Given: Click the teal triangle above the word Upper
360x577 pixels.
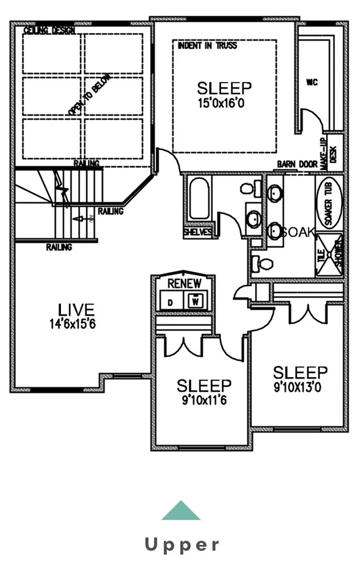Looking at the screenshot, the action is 181,512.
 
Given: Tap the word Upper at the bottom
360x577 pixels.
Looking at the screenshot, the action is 182,544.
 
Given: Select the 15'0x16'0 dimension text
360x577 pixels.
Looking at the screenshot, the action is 221,103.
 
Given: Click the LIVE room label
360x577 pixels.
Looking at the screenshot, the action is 76,310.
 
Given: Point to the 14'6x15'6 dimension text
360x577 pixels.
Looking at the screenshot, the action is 72,324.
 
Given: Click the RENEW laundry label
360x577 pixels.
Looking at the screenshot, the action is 184,284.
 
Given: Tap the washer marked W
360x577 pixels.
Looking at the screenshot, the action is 195,300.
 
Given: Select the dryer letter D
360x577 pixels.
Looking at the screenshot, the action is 170,303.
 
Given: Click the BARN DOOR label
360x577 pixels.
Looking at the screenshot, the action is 297,164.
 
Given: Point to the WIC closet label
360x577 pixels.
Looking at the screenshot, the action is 312,83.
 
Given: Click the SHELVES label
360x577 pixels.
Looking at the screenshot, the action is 198,233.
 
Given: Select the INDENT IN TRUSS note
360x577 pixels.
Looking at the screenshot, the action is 207,45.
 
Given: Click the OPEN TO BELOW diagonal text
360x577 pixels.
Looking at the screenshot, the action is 90,95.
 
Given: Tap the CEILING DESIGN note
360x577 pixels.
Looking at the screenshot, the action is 49,30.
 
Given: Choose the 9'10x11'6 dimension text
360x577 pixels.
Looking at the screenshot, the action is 204,401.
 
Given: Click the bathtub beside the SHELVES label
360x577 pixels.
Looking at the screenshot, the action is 199,198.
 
